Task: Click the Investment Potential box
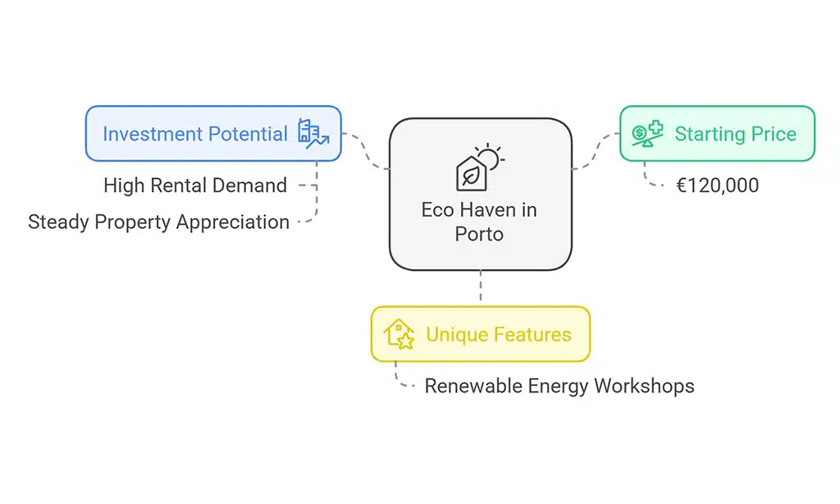(213, 134)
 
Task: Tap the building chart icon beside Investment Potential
(313, 134)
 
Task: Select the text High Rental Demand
(195, 186)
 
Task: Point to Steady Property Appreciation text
(158, 222)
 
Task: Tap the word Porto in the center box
(479, 234)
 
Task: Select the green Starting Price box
(716, 133)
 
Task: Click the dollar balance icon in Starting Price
(647, 134)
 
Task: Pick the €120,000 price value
(718, 186)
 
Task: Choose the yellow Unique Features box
(480, 334)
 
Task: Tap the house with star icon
(399, 334)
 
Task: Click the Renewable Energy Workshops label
(559, 386)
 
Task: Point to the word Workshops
(644, 386)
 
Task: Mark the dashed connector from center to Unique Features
(480, 288)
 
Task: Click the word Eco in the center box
(438, 210)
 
